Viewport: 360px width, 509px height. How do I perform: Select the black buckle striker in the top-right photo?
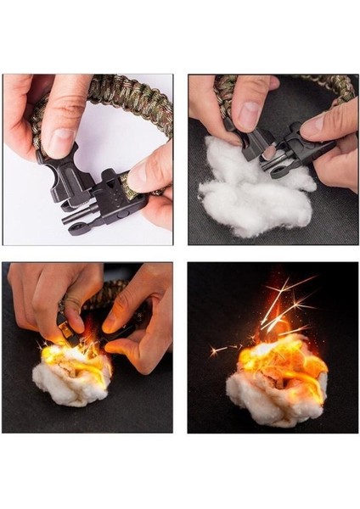point(280,153)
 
